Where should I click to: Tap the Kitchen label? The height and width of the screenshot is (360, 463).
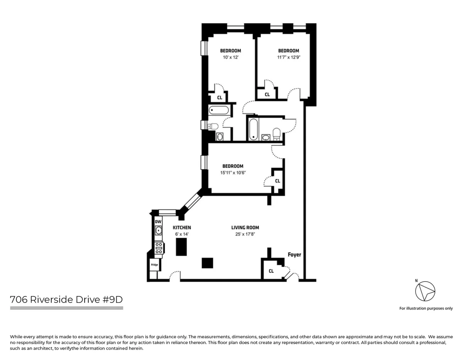click(182, 228)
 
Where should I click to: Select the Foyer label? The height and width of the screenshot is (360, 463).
click(294, 255)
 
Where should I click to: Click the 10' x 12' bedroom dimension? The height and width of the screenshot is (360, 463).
click(230, 57)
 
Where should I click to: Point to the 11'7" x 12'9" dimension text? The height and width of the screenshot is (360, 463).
click(288, 57)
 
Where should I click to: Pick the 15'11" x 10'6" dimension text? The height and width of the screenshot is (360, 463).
click(233, 172)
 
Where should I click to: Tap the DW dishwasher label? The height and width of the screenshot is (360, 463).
click(158, 222)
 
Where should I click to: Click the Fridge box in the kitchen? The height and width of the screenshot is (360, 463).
click(154, 265)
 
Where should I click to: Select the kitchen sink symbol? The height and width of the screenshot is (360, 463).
click(158, 230)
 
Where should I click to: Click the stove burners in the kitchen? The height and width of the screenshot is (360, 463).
click(159, 248)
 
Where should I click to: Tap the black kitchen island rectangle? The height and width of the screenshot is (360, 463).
click(181, 247)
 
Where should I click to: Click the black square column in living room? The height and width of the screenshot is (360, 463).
click(207, 263)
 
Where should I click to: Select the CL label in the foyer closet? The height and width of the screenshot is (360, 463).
click(271, 271)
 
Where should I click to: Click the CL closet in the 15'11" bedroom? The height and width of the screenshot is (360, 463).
click(277, 181)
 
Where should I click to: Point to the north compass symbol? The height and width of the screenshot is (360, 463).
click(425, 291)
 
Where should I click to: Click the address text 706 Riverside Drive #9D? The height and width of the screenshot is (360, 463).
click(66, 299)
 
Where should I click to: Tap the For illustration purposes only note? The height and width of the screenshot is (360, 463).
click(426, 308)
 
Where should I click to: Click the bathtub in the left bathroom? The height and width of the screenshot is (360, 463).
click(219, 111)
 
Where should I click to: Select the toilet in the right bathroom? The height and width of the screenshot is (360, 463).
click(276, 134)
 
